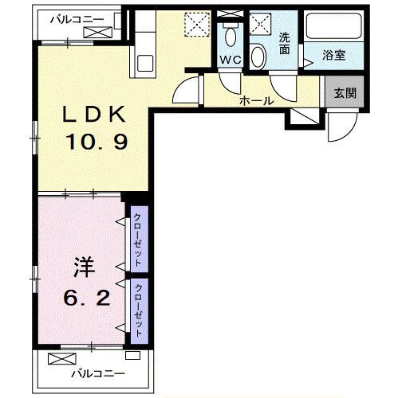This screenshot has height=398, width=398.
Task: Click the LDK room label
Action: point(93,115)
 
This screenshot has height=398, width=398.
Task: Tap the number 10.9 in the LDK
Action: point(97,142)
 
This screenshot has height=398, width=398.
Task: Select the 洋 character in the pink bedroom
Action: point(85,268)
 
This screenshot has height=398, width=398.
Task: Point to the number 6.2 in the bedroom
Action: point(87,298)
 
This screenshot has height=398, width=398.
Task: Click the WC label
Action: point(231,60)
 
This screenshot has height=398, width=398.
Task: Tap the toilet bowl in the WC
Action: point(231,36)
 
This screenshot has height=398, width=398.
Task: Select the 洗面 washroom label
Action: point(284,44)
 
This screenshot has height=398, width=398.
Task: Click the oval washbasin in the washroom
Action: point(258,57)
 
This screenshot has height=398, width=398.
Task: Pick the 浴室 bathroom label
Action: point(334,55)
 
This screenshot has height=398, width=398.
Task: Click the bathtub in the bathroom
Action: point(333,26)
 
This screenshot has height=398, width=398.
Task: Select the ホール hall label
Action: point(256,101)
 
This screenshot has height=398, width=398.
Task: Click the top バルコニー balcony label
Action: point(77,20)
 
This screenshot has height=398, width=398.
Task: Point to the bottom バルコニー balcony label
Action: point(98,374)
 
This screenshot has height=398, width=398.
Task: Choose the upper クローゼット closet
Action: point(140,239)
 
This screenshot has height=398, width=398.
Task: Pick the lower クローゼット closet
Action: point(140,311)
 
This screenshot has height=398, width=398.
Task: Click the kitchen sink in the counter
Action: point(145,63)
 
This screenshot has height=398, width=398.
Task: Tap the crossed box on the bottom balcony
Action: point(62,358)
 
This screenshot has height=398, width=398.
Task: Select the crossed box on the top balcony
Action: point(98,32)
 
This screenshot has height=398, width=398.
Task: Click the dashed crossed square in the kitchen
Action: point(197,25)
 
